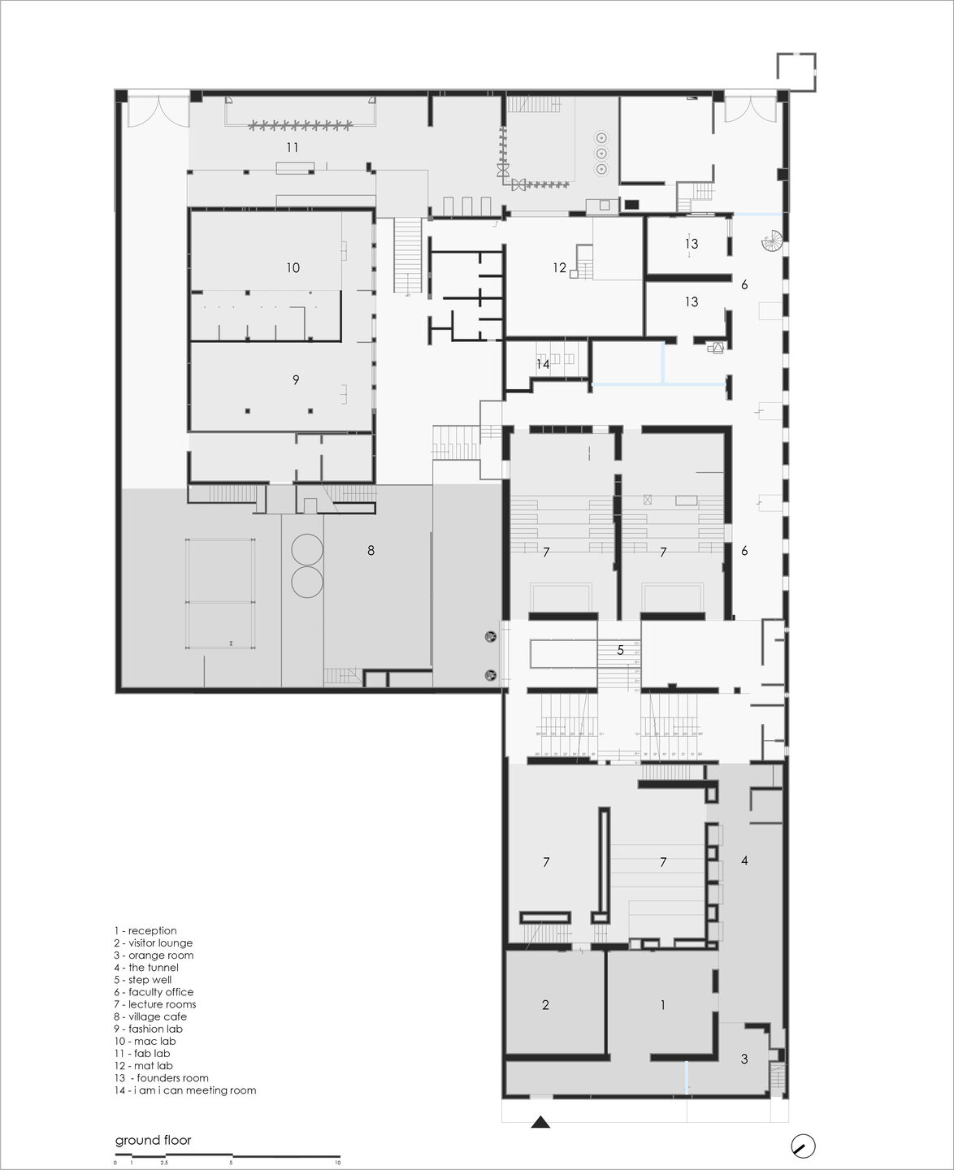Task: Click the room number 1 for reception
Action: click(x=662, y=1005)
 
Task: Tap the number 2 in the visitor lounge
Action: click(x=545, y=1005)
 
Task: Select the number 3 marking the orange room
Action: click(x=744, y=1059)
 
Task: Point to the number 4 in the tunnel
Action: click(x=744, y=860)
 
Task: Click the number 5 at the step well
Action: click(x=620, y=650)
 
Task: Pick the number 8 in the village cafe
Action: click(x=371, y=550)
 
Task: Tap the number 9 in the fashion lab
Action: click(x=296, y=379)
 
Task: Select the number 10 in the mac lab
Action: click(x=293, y=267)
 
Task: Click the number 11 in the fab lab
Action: click(x=293, y=147)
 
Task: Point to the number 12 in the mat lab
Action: click(x=559, y=267)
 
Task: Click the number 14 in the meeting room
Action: click(x=542, y=364)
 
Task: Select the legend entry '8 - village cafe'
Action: click(x=150, y=1016)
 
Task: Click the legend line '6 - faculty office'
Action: click(x=154, y=992)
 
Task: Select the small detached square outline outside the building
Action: click(x=796, y=71)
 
